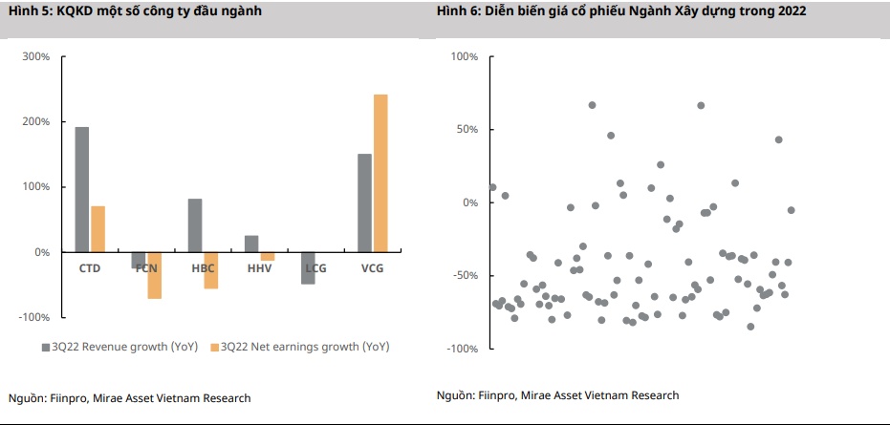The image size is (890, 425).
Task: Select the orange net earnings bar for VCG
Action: pyautogui.click(x=380, y=173)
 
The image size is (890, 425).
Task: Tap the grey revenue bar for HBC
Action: pyautogui.click(x=195, y=225)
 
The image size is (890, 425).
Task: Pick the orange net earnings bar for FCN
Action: pyautogui.click(x=154, y=275)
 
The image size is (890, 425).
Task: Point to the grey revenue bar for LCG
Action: pyautogui.click(x=308, y=267)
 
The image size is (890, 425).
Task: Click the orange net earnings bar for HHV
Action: pyautogui.click(x=268, y=256)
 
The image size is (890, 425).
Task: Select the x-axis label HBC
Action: pyautogui.click(x=203, y=268)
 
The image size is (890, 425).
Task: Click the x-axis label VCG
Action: pyautogui.click(x=372, y=268)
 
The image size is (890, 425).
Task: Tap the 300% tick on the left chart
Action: pyautogui.click(x=36, y=57)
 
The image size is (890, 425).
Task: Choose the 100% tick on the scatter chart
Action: pyautogui.click(x=464, y=57)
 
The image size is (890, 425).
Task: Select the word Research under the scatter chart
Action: pyautogui.click(x=653, y=395)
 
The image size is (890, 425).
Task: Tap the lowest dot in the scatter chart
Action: pyautogui.click(x=750, y=327)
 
